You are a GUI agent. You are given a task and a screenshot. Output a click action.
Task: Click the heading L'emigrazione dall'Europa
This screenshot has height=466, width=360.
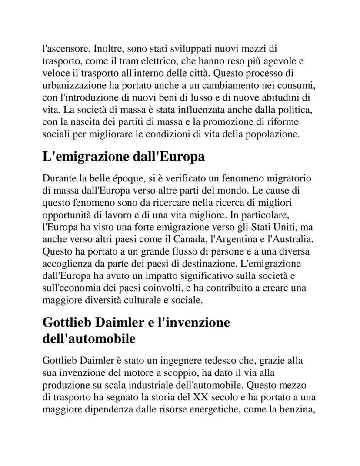pyautogui.click(x=123, y=157)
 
